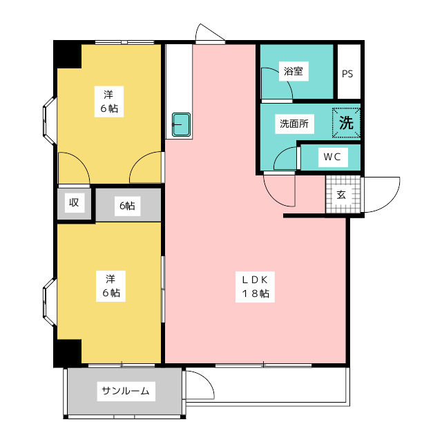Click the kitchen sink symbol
pyautogui.click(x=181, y=124)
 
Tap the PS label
pyautogui.click(x=347, y=74)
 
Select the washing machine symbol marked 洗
pyautogui.click(x=346, y=123)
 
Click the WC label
pyautogui.click(x=332, y=157)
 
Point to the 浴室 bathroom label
pyautogui.click(x=294, y=71)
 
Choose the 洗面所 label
pyautogui.click(x=294, y=124)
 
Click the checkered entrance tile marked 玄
pyautogui.click(x=343, y=194)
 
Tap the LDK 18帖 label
pyautogui.click(x=255, y=287)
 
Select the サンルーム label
pyautogui.click(x=126, y=391)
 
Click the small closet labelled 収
pyautogui.click(x=74, y=204)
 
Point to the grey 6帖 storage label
pyautogui.click(x=127, y=206)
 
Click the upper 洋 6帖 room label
pyautogui.click(x=109, y=102)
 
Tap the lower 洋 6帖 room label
pyautogui.click(x=110, y=286)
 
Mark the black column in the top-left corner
pyautogui.click(x=68, y=54)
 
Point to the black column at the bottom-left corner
pyautogui.click(x=68, y=353)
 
